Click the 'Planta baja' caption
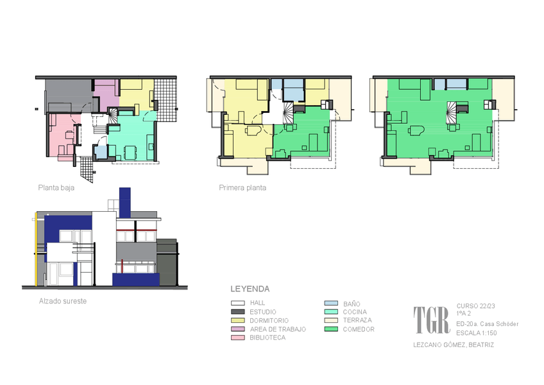(56, 188)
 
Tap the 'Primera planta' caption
(242, 188)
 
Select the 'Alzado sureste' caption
(63, 301)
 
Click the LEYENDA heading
(250, 289)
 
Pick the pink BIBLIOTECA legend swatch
(237, 338)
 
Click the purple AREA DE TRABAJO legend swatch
(237, 329)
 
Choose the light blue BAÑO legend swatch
(331, 304)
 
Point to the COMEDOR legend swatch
(331, 329)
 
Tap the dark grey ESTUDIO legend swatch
(237, 312)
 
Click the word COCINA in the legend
(355, 312)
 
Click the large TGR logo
(432, 320)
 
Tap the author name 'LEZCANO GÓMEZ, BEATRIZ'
(454, 345)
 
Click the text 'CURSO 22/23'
(475, 306)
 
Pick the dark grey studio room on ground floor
(69, 94)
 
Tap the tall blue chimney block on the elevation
(125, 203)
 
